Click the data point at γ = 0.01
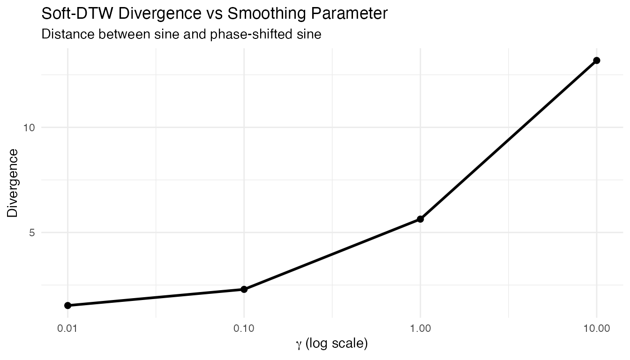point(68,306)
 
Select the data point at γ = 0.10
point(244,289)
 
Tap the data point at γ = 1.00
point(420,219)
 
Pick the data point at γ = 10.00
point(597,60)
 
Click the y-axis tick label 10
point(29,127)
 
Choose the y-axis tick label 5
point(32,232)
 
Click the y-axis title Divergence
point(13,183)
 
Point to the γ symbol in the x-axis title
point(299,345)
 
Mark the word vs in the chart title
point(213,14)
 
